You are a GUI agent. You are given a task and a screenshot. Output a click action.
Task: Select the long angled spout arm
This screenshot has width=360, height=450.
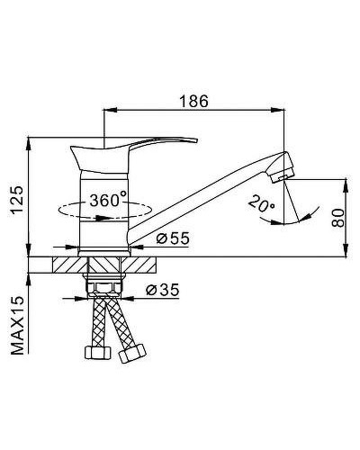[x=207, y=194]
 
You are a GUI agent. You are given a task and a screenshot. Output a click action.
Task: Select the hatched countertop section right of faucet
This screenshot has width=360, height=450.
[x=142, y=265]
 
